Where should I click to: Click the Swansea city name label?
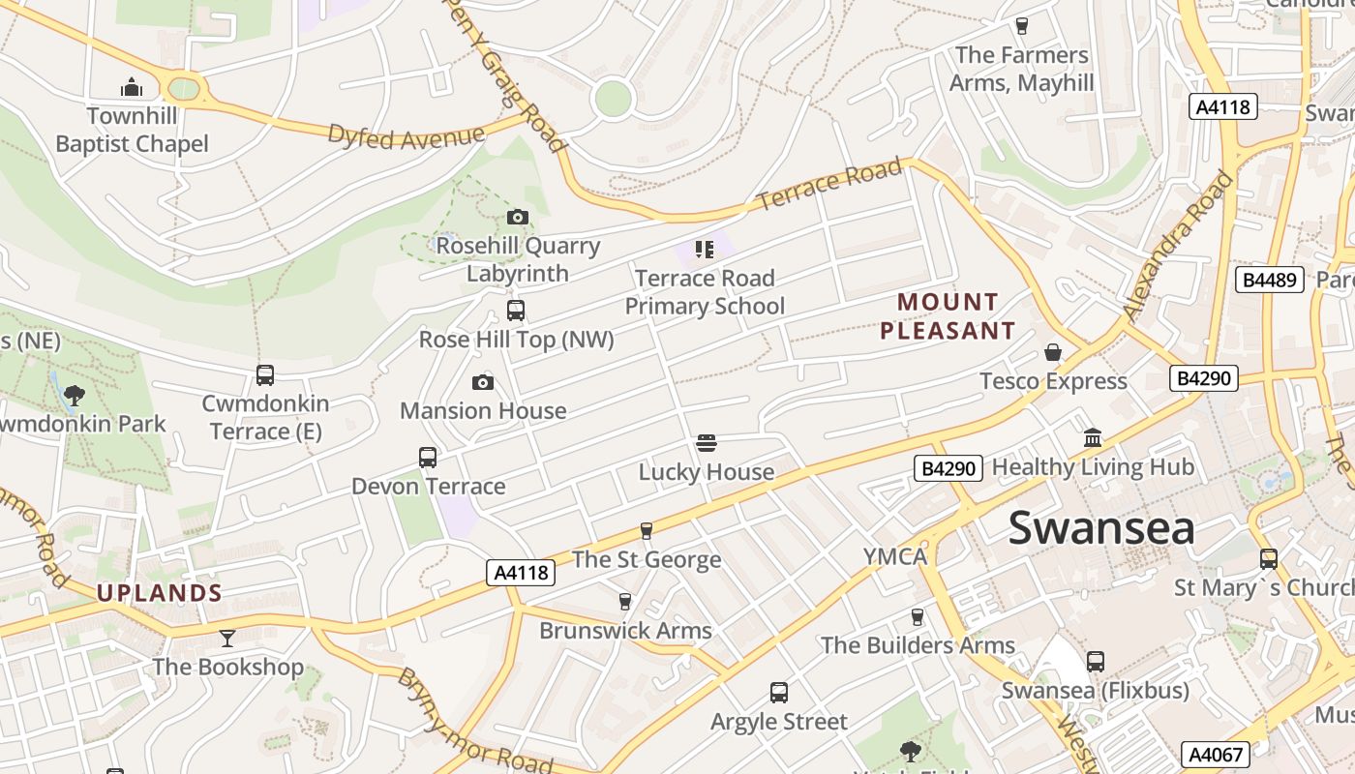click(x=1101, y=528)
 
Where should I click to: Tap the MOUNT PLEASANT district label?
click(x=947, y=316)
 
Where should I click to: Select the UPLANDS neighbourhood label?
click(x=160, y=593)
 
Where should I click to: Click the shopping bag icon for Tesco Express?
click(x=1053, y=352)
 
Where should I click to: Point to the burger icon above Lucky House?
click(x=707, y=443)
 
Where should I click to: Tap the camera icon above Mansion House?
click(x=483, y=382)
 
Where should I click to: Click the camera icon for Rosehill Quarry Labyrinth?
click(x=518, y=217)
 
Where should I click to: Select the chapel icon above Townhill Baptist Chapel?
click(x=132, y=88)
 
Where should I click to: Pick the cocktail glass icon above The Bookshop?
click(x=227, y=638)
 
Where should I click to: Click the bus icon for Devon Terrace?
click(x=428, y=457)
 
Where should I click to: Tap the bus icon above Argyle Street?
click(x=779, y=693)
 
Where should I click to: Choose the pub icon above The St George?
click(x=647, y=530)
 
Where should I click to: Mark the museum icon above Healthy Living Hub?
click(x=1093, y=438)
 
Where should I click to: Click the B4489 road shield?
click(x=1269, y=280)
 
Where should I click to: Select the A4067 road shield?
click(x=1215, y=755)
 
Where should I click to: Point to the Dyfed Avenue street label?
click(x=406, y=136)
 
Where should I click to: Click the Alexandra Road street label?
click(x=1180, y=247)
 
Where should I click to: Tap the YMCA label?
click(x=895, y=556)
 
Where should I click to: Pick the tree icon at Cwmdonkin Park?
click(x=74, y=395)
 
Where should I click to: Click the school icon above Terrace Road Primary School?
click(x=704, y=250)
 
